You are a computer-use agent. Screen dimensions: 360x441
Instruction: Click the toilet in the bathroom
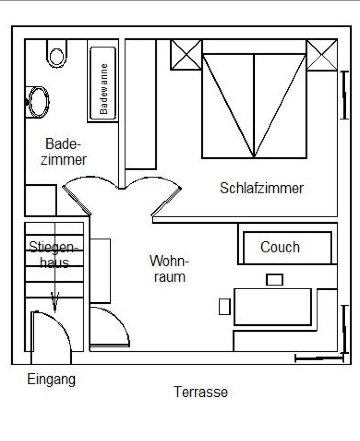point(57,54)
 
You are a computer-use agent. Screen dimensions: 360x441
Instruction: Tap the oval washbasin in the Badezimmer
point(37,102)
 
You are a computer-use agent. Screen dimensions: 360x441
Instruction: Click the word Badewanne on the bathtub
point(103,89)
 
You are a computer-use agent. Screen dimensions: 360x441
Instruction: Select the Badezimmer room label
point(64,152)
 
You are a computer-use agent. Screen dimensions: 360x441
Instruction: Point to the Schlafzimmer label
point(262,188)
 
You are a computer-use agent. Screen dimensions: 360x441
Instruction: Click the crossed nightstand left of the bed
point(186,54)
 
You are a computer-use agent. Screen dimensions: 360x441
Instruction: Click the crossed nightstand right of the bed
point(322,55)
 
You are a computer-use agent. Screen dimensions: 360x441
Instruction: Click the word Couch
point(280,247)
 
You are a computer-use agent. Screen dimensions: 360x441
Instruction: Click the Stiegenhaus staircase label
point(54,255)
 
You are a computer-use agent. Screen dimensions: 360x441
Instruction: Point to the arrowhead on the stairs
point(54,302)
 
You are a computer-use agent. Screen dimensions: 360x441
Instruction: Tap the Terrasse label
point(201,392)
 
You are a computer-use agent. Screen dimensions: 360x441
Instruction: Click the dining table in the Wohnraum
point(273,307)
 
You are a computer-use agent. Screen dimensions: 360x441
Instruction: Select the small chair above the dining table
point(275,280)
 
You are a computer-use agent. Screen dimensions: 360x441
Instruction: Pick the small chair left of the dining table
point(225,307)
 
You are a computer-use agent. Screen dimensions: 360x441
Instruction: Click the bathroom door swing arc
point(90,180)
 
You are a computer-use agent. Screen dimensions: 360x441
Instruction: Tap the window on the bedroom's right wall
point(344,95)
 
